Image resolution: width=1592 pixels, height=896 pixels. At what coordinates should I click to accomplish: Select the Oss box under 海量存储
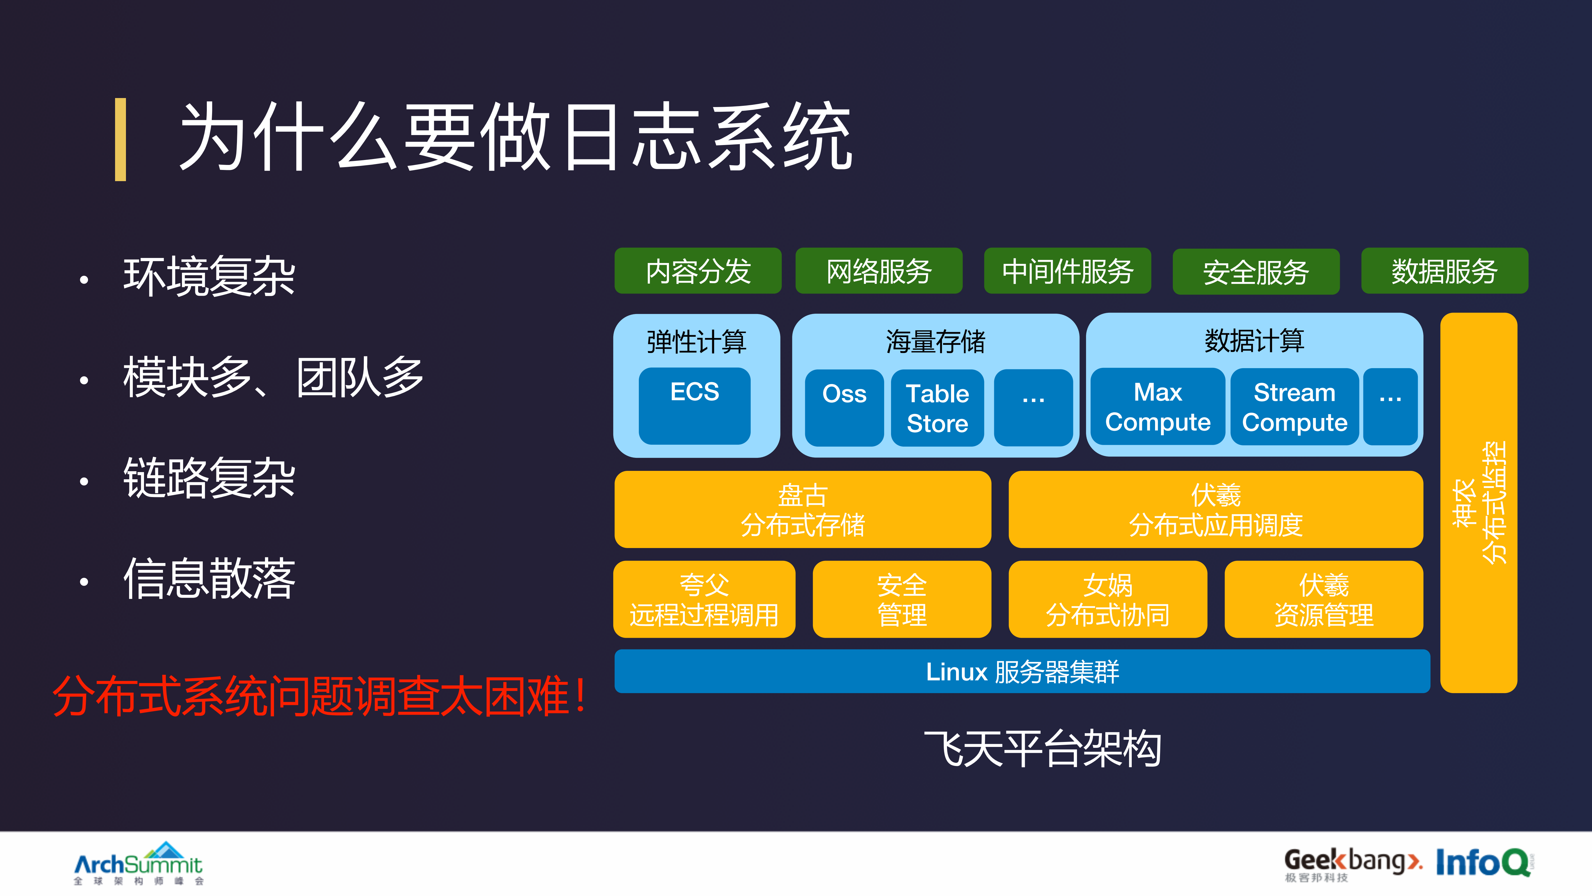pyautogui.click(x=844, y=407)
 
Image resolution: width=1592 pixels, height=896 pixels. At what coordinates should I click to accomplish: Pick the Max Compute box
pyautogui.click(x=1158, y=406)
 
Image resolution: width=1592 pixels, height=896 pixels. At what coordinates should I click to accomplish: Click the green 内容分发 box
pyautogui.click(x=698, y=271)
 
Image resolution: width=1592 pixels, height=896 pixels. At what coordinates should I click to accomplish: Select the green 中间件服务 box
pyautogui.click(x=1067, y=271)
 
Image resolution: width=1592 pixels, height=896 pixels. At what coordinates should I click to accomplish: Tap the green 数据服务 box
pyautogui.click(x=1444, y=271)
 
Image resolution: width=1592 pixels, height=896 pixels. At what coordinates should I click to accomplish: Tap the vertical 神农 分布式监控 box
pyautogui.click(x=1478, y=502)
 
